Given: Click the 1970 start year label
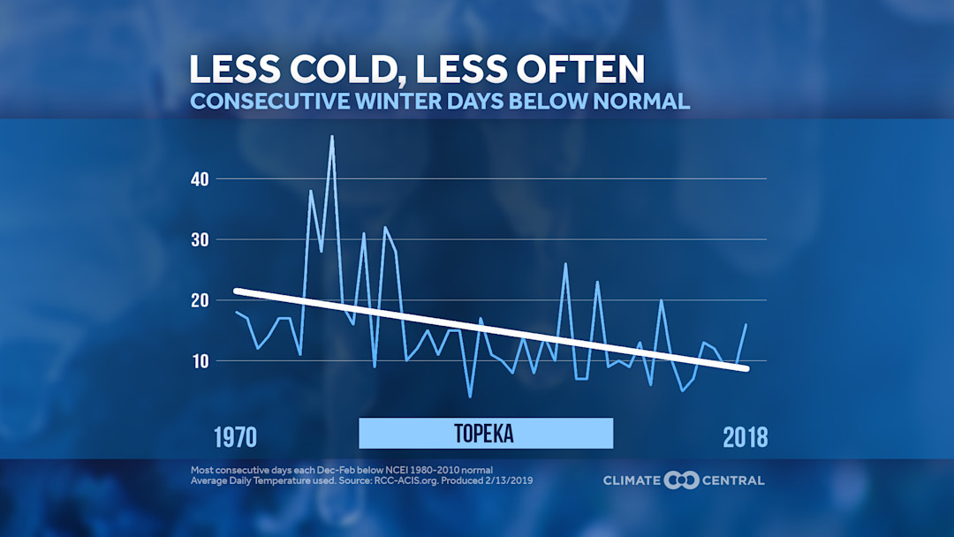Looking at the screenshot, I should [235, 436].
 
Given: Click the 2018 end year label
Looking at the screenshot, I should [745, 436].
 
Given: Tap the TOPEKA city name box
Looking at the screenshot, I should [485, 434].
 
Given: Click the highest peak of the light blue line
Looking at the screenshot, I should [332, 136].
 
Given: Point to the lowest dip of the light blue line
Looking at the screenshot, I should [470, 397].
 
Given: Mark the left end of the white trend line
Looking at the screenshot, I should [236, 291].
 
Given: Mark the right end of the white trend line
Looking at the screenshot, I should [746, 368].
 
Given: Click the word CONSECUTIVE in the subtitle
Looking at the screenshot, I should [263, 101].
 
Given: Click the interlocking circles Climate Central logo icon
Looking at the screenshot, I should [681, 480].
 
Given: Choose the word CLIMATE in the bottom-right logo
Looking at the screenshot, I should [632, 480].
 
